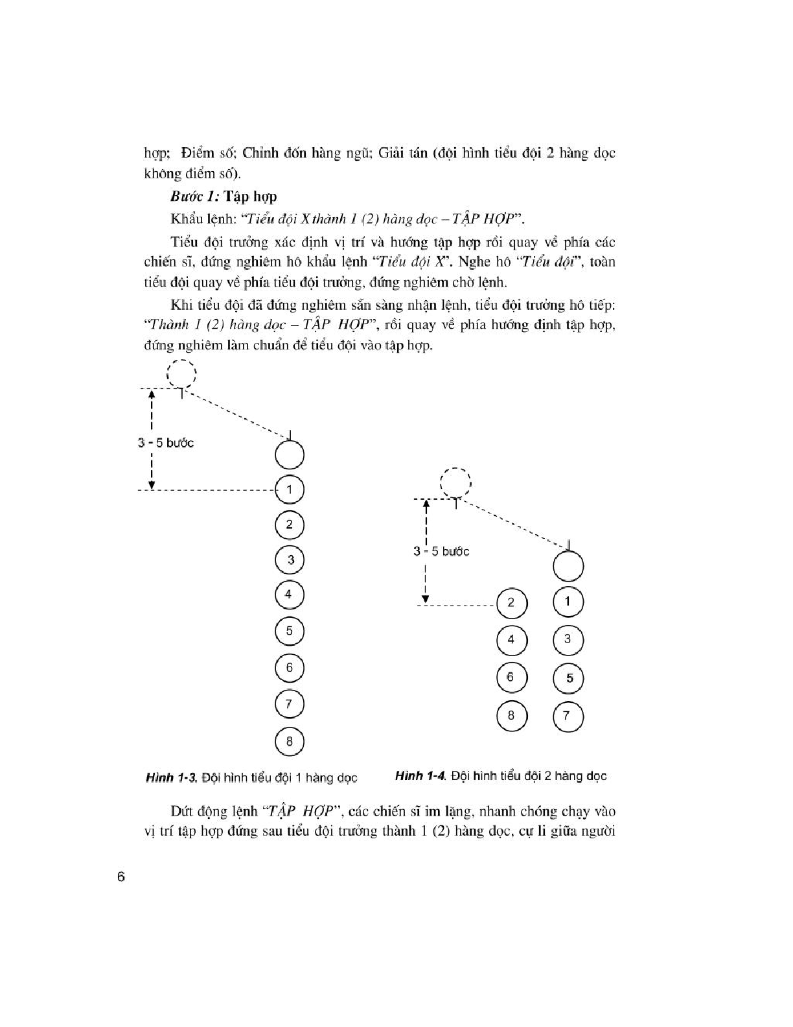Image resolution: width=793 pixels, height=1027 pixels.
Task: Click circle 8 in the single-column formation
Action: pyautogui.click(x=290, y=741)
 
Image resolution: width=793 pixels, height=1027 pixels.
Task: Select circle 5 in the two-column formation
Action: pyautogui.click(x=568, y=678)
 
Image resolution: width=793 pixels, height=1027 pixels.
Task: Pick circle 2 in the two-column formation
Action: pyautogui.click(x=511, y=603)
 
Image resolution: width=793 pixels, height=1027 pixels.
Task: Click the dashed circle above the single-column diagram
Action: pyautogui.click(x=181, y=374)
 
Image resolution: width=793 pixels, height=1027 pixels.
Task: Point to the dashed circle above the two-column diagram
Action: pyautogui.click(x=455, y=483)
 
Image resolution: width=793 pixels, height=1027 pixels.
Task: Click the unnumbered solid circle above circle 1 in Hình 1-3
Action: pyautogui.click(x=290, y=454)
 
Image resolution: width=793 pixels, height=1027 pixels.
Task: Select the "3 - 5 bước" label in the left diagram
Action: pyautogui.click(x=166, y=443)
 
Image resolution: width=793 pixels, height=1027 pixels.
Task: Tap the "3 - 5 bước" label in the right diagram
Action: pyautogui.click(x=441, y=552)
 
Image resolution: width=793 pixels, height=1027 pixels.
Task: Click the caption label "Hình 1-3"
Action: pyautogui.click(x=171, y=777)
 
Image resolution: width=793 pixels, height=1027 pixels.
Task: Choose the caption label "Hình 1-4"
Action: pyautogui.click(x=420, y=776)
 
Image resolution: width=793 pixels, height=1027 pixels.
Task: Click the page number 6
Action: pyautogui.click(x=121, y=878)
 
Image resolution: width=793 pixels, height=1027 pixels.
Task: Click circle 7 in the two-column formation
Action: pyautogui.click(x=568, y=716)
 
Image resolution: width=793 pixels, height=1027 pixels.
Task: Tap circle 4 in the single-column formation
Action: pyautogui.click(x=290, y=595)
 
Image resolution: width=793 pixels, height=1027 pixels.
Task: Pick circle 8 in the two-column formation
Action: pyautogui.click(x=511, y=716)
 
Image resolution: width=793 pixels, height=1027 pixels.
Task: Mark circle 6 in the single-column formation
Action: pyautogui.click(x=290, y=668)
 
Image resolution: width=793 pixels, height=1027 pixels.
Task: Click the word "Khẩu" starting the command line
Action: pyautogui.click(x=185, y=219)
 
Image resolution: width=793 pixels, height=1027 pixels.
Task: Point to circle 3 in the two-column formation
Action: pyautogui.click(x=568, y=640)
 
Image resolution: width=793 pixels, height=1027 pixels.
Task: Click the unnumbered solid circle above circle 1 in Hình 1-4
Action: pyautogui.click(x=568, y=567)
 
